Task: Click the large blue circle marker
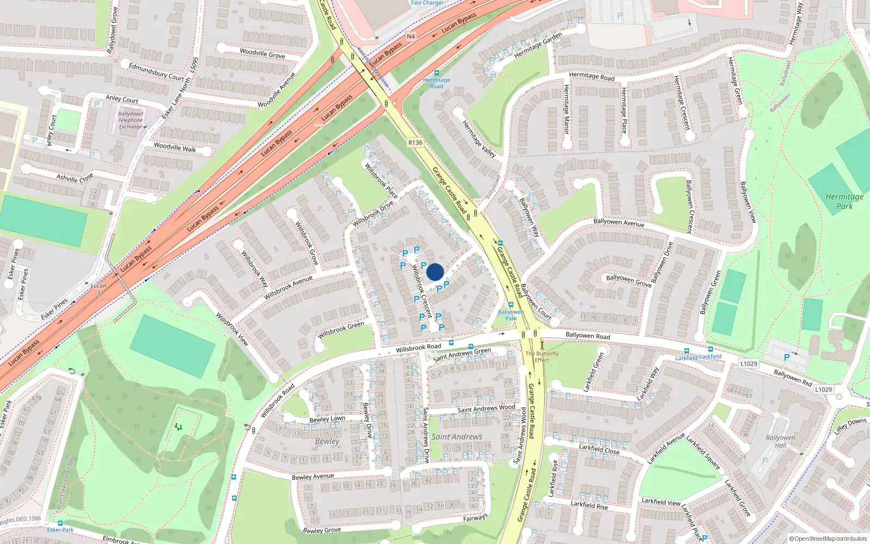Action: click(x=435, y=272)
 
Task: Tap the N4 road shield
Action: click(x=411, y=36)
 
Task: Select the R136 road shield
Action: click(x=415, y=143)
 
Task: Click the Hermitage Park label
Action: click(x=844, y=201)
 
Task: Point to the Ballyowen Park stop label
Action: click(x=511, y=315)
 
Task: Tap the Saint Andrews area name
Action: click(x=457, y=437)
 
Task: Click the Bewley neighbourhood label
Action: click(x=327, y=441)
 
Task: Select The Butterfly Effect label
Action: click(x=542, y=356)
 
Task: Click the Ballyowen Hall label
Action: click(x=780, y=441)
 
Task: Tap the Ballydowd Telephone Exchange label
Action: click(x=130, y=120)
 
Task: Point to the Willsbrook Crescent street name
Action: click(x=421, y=291)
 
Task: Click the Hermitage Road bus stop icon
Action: click(x=437, y=73)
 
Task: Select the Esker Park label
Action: click(x=60, y=530)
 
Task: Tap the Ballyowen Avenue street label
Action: click(x=619, y=222)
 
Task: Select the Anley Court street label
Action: click(x=122, y=99)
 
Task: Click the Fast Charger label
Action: click(x=427, y=3)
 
